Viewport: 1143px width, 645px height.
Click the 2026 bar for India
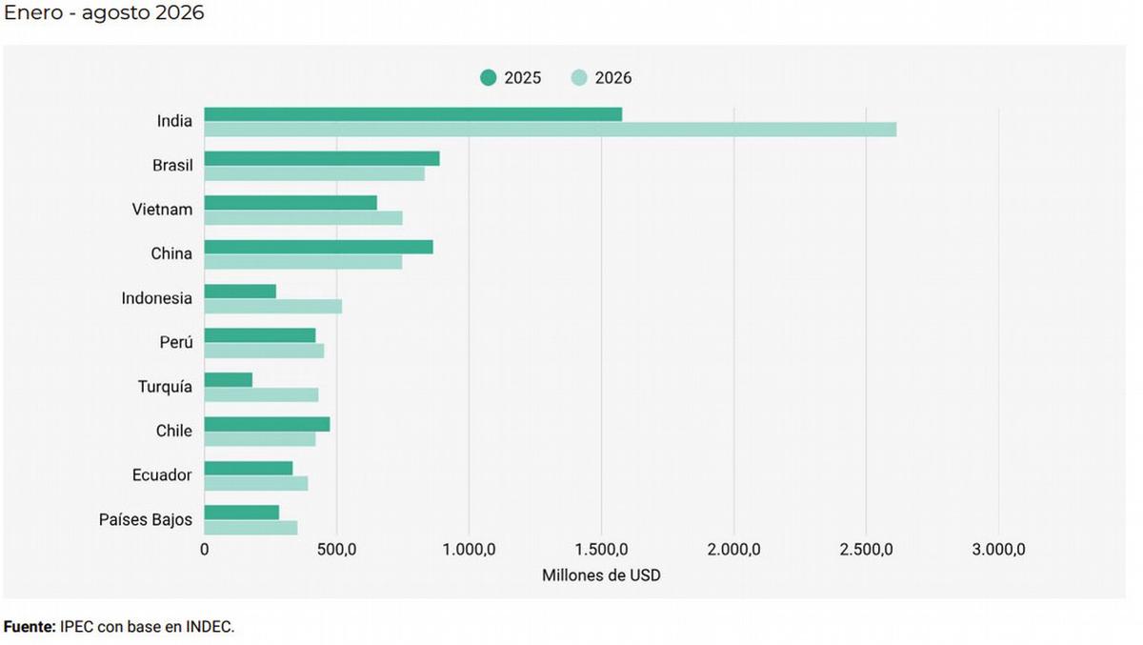coord(551,130)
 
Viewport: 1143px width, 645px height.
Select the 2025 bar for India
coord(413,114)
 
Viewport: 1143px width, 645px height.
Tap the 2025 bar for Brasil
coord(322,159)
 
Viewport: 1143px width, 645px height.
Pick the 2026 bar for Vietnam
coord(304,218)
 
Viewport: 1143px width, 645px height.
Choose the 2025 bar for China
coord(319,247)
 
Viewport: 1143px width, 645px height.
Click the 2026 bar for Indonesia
coord(273,307)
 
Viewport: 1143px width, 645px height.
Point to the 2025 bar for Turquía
coord(229,379)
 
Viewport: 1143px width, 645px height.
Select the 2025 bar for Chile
coord(268,424)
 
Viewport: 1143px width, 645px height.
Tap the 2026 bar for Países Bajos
coord(251,528)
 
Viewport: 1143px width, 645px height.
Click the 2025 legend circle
coord(489,77)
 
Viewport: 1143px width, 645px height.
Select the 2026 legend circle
coord(579,77)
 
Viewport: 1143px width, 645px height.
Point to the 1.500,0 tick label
coord(602,550)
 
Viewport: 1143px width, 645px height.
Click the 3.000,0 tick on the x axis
coord(998,550)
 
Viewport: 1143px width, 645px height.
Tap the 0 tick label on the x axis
coord(205,550)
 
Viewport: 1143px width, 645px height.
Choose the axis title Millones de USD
coord(601,575)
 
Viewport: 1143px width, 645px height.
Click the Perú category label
coord(176,342)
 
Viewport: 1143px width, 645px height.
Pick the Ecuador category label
coord(162,475)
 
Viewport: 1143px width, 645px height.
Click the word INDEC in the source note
coord(210,627)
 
